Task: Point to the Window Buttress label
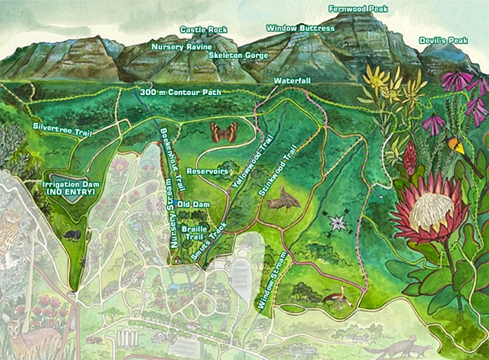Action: click(x=300, y=29)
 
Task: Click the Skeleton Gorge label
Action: click(x=238, y=55)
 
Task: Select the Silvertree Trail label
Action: click(x=63, y=126)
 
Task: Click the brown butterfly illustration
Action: click(x=224, y=132)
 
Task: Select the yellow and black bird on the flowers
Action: click(x=458, y=146)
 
